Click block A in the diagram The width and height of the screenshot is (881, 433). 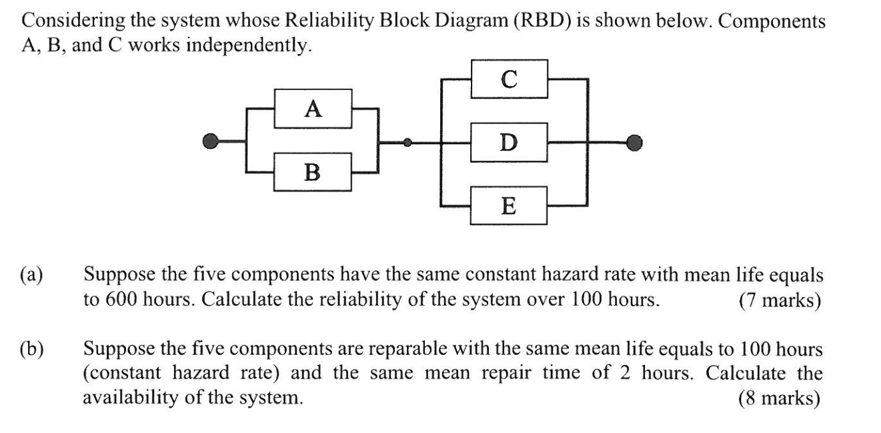click(x=313, y=109)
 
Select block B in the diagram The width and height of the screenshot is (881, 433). click(x=313, y=172)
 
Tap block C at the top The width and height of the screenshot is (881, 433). click(x=509, y=79)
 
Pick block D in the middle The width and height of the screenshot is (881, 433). click(x=509, y=141)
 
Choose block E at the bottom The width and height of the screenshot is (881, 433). click(x=509, y=205)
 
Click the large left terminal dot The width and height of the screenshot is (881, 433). click(x=211, y=141)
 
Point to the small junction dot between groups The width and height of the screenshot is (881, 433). click(x=408, y=141)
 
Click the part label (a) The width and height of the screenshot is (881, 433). click(x=31, y=276)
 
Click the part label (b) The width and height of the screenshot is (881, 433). click(x=31, y=349)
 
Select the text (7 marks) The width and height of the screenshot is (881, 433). click(x=779, y=300)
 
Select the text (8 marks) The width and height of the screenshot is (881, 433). click(x=779, y=398)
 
